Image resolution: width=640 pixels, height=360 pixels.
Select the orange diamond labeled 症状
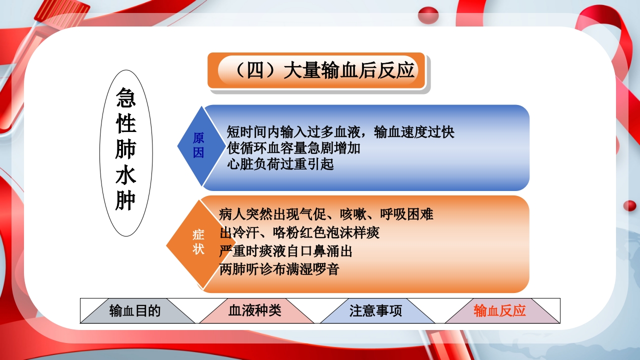click(199, 242)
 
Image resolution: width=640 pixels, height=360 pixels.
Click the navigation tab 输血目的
click(135, 311)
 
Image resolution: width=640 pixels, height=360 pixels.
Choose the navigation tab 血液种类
click(255, 311)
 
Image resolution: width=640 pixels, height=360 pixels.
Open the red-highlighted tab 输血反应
click(499, 311)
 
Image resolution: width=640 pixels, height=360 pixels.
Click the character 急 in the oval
click(126, 98)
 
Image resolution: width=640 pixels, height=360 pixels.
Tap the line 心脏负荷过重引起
click(280, 164)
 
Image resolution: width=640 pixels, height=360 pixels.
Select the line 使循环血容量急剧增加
click(293, 148)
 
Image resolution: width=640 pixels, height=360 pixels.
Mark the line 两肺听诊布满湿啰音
click(279, 269)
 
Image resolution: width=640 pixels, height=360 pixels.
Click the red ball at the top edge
click(428, 15)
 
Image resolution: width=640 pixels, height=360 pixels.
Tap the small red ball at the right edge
click(629, 205)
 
